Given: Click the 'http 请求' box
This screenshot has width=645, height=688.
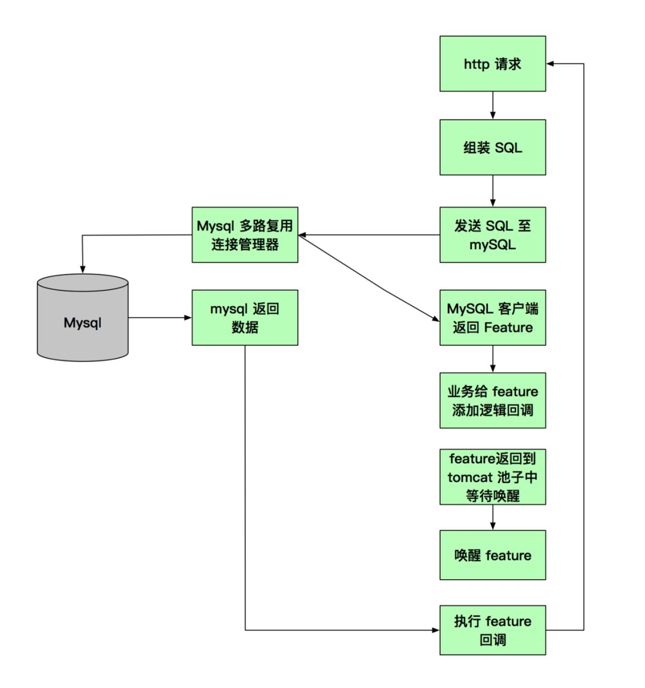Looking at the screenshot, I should coord(492,63).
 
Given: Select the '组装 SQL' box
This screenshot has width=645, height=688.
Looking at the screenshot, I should coord(492,147).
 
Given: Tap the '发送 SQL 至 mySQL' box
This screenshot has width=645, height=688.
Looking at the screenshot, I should coord(492,235).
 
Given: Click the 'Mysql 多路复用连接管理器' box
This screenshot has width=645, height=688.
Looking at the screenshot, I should coord(244,235).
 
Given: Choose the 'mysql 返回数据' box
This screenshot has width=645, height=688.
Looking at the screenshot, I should coord(244,317).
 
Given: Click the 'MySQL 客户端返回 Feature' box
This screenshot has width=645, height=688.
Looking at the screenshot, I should coord(492,317).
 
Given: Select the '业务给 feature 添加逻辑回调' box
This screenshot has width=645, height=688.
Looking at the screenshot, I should coord(492,400).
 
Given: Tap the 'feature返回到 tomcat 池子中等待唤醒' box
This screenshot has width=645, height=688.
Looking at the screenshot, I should coord(492,477).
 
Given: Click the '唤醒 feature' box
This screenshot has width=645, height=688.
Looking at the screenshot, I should coord(492,555).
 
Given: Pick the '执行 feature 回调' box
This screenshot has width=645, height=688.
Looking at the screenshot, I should coord(492,630).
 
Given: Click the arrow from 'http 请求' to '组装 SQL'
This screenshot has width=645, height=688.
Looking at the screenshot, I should coord(493,105).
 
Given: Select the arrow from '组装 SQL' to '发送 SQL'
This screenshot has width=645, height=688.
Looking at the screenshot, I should coord(493,191).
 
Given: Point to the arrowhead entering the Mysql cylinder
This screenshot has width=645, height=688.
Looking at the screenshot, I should coord(82,270).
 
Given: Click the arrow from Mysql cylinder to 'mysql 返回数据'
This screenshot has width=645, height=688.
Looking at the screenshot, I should coord(159,317).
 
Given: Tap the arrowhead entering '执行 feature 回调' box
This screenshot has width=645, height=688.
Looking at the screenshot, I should coord(435,630).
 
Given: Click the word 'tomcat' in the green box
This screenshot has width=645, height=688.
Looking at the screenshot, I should coord(469,478).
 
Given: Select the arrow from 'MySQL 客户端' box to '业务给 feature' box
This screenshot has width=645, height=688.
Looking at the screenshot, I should coord(493,359).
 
